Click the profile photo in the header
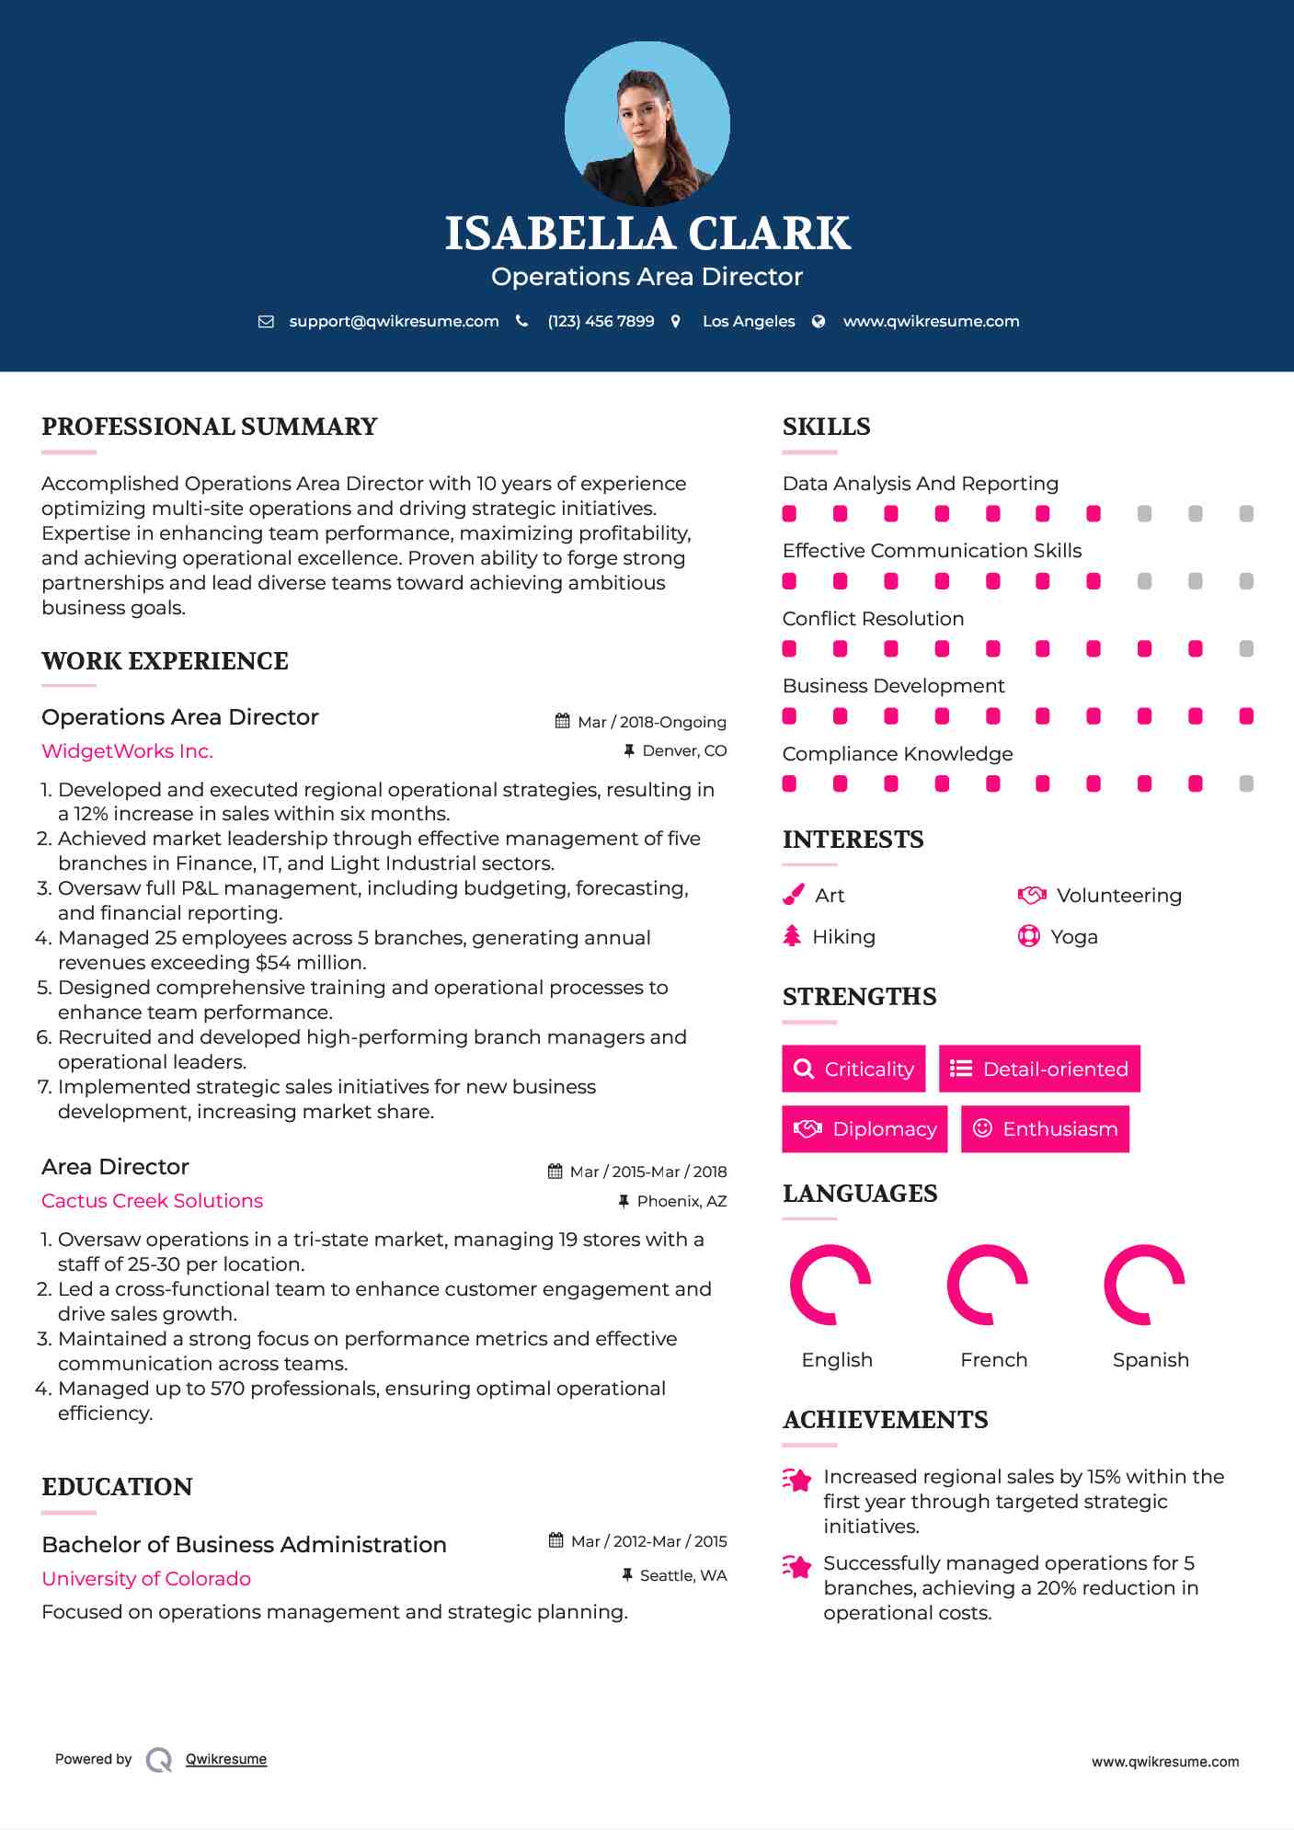coord(647,124)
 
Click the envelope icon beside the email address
coord(266,322)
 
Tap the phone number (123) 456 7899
coord(601,322)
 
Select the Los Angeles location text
coord(749,322)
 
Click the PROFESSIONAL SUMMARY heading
coord(210,427)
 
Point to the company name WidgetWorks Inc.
coord(127,751)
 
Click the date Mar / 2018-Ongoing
coord(651,722)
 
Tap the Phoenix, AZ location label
coord(681,1201)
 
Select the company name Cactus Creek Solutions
coord(152,1201)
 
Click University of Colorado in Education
coord(146,1579)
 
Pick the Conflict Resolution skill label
coord(873,619)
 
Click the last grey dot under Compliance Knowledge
coord(1246,783)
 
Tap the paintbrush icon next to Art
coord(793,895)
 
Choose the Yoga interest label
coord(1073,937)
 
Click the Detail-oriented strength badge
coord(1039,1069)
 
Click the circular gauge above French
coord(988,1285)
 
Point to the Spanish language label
coord(1151,1360)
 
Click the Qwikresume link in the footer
coord(226,1759)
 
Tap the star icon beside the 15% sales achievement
coord(796,1480)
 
